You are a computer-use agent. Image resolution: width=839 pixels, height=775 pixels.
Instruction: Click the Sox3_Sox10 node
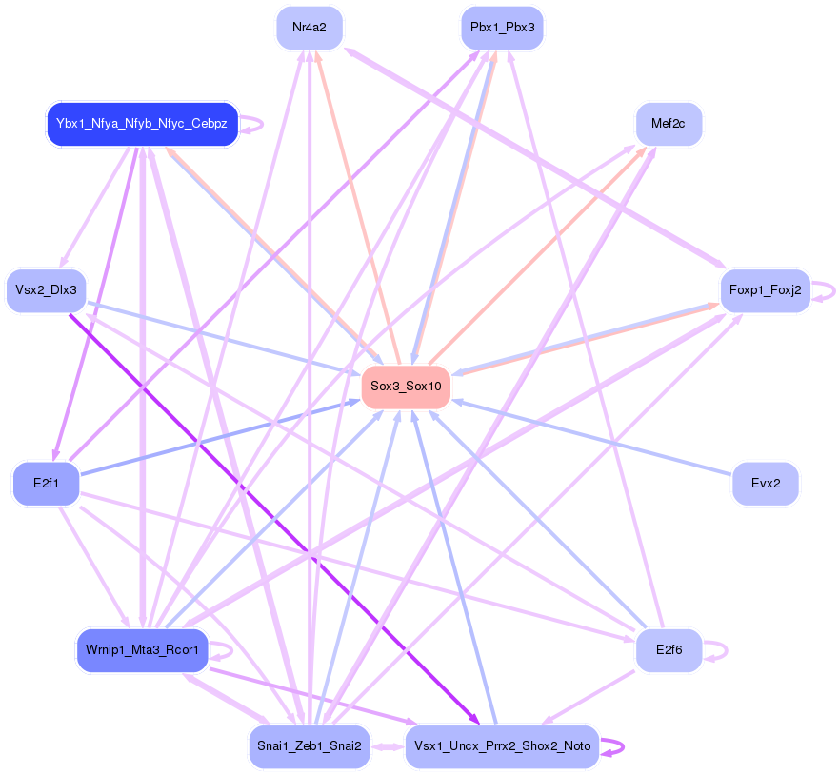pos(405,387)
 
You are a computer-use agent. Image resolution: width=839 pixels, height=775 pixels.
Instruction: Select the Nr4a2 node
pos(310,28)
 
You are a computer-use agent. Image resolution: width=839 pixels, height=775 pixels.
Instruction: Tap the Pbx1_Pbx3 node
pos(502,28)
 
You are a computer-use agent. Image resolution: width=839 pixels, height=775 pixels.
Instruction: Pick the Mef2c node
pos(669,124)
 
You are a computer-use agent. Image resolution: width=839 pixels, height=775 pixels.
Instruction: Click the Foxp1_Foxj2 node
pos(765,289)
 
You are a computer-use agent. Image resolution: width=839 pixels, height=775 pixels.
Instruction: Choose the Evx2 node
pos(765,484)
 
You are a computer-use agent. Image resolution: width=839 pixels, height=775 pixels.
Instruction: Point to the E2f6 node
pos(669,650)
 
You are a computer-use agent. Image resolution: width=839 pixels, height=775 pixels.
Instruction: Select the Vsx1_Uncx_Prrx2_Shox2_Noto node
pos(502,746)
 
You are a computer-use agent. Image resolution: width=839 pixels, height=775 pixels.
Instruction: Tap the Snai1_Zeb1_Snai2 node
pos(310,746)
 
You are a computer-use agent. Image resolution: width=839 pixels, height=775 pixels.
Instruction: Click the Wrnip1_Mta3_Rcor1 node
pos(142,650)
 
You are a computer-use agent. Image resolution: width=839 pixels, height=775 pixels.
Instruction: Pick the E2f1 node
pos(46,484)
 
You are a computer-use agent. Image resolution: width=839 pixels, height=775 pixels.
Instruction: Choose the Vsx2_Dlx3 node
pos(46,289)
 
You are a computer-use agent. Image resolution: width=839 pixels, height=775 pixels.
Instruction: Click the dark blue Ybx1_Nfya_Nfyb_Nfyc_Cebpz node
pos(142,124)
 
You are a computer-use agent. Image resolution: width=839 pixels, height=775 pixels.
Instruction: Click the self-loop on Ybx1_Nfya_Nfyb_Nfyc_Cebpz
pos(254,124)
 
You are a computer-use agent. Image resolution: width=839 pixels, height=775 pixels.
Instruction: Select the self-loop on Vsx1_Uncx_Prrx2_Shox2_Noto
pos(615,746)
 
